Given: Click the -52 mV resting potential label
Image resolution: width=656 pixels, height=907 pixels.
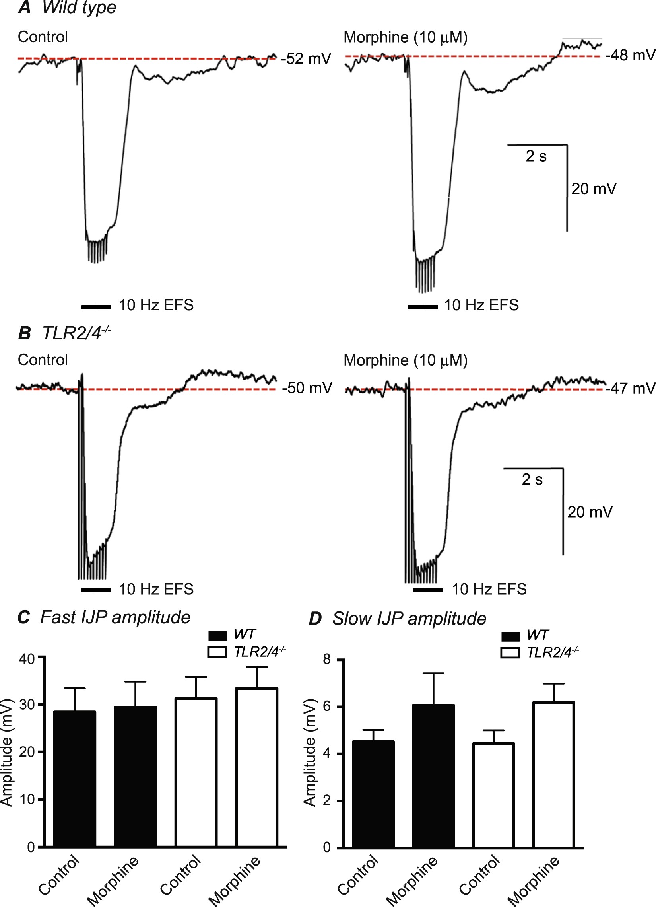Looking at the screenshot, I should pos(306,59).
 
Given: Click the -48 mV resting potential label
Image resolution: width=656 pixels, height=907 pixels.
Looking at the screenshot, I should pos(630,55).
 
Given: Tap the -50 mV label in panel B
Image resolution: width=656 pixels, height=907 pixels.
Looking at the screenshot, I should pos(307,388).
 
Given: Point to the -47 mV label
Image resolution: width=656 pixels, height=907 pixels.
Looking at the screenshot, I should pos(630,388).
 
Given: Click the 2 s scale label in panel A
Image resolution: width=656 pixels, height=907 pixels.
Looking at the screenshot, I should pos(536,156).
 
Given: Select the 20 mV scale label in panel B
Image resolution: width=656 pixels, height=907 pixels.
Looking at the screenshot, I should pos(590,512).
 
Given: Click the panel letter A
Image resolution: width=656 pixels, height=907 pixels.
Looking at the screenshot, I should pos(25,8).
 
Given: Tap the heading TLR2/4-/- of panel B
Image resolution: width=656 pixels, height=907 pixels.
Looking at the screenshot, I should pos(76,333).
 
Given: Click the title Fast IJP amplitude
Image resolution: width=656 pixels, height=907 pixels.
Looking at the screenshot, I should pos(115,617).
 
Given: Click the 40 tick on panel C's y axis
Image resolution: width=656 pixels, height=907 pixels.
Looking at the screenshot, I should pos(27,658).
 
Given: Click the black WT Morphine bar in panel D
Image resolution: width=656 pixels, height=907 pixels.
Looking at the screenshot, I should pos(433,776).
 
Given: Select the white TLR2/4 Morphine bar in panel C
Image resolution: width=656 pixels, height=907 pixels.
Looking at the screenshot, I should pos(257,768).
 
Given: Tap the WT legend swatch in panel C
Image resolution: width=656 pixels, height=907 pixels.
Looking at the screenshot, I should pos(217,635).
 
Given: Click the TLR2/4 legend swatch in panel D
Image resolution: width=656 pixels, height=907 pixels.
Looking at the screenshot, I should pos(510,653).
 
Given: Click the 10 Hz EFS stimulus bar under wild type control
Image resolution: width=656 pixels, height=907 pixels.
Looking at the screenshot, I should pos(96,307).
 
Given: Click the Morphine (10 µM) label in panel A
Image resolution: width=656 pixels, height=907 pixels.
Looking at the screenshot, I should pos(406,37).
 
